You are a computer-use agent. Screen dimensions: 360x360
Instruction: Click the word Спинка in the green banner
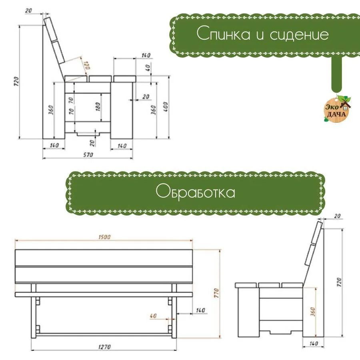(x=223, y=34)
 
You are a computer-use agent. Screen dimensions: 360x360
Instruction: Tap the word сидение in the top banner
(x=299, y=35)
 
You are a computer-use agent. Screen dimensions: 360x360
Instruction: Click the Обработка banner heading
(x=195, y=191)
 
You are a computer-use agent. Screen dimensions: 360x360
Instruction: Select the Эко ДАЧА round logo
(x=337, y=109)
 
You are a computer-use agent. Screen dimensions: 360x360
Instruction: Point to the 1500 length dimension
(x=104, y=237)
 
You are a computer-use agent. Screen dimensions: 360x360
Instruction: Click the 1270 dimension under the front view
(x=104, y=347)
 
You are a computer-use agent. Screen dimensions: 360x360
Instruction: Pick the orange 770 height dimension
(x=216, y=293)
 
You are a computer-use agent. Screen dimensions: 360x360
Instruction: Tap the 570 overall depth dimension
(x=88, y=155)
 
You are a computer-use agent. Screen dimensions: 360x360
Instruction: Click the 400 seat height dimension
(x=165, y=107)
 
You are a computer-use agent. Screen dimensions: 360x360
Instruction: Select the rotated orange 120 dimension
(x=87, y=65)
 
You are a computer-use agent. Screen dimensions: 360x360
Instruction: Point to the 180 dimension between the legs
(x=98, y=107)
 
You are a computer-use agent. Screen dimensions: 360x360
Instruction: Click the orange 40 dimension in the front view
(x=153, y=316)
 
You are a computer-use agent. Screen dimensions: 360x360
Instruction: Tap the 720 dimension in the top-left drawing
(x=16, y=82)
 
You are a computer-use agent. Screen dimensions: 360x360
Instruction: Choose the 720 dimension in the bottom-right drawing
(x=339, y=282)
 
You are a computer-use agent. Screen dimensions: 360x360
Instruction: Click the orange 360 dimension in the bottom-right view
(x=313, y=312)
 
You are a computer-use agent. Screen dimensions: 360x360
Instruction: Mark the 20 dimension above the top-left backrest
(x=29, y=10)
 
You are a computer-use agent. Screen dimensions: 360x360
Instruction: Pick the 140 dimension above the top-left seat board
(x=146, y=55)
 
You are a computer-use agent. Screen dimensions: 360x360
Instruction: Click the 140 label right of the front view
(x=200, y=310)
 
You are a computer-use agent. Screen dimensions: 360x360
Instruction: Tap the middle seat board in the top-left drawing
(x=100, y=79)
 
